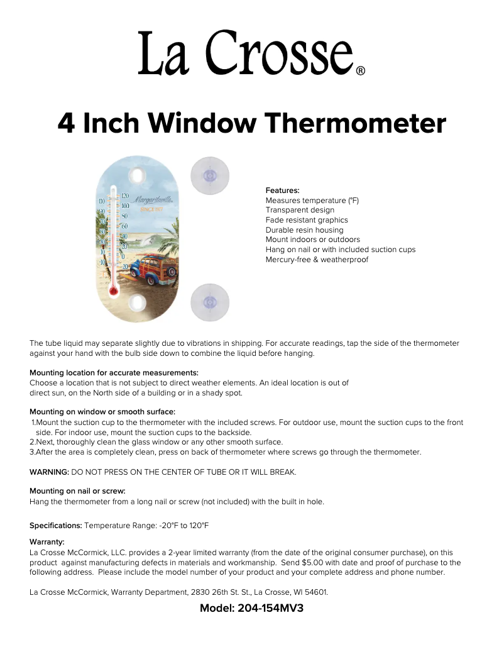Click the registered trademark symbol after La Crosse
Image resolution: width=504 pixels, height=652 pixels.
pyautogui.click(x=361, y=71)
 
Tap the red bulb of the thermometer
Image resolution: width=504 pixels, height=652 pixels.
pyautogui.click(x=113, y=290)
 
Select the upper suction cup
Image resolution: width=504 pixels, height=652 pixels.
pyautogui.click(x=209, y=176)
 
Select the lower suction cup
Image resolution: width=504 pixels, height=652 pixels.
pyautogui.click(x=209, y=302)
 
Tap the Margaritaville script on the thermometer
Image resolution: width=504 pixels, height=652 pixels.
pyautogui.click(x=153, y=201)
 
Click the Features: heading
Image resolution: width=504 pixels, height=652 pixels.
pyautogui.click(x=282, y=190)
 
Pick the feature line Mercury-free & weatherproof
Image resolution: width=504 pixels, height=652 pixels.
pyautogui.click(x=317, y=260)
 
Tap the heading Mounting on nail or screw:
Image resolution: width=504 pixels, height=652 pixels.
pyautogui.click(x=78, y=491)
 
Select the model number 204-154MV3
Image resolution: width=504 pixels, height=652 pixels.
pyautogui.click(x=270, y=609)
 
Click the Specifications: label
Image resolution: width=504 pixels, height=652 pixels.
pyautogui.click(x=56, y=525)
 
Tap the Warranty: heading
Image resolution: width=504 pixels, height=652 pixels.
pyautogui.click(x=47, y=542)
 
